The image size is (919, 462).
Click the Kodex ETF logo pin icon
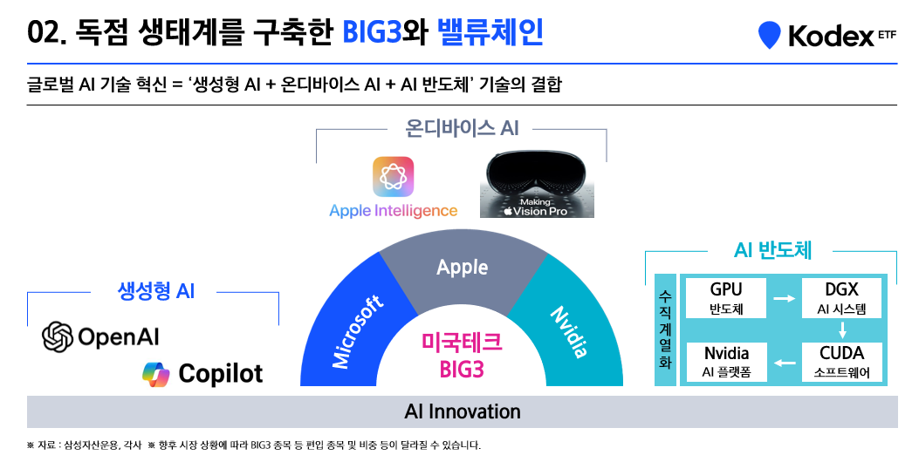769,35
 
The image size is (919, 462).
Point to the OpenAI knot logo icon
58,336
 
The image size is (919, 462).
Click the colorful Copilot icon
156,374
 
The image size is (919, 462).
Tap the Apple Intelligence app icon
394,177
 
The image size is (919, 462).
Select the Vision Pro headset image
537,184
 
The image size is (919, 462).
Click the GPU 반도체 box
726,298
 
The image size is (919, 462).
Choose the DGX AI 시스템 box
841,298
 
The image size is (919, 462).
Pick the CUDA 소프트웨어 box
841,362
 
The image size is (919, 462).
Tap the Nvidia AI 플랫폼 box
726,362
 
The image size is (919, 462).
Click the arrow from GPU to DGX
785,299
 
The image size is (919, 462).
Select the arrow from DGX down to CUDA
842,330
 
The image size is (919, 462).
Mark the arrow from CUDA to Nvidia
785,363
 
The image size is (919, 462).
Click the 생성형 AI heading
156,290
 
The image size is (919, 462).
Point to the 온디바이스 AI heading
462,127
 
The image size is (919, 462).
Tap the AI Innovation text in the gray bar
463,411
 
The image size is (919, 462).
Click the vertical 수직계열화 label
665,330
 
